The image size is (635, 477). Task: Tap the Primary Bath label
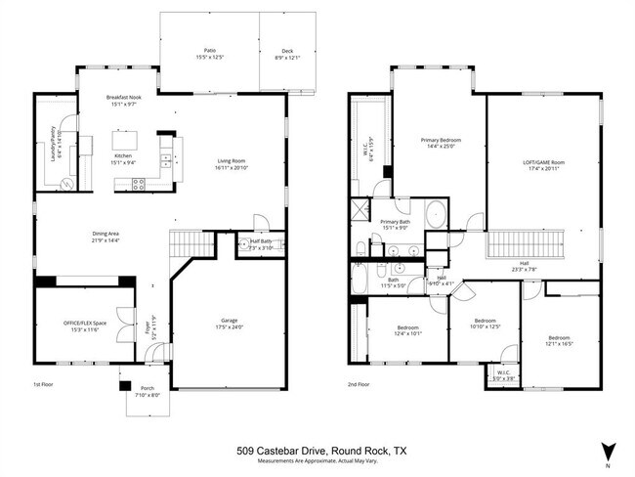(397, 224)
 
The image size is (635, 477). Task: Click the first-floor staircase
(191, 244)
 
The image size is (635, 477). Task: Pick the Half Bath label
(261, 244)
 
